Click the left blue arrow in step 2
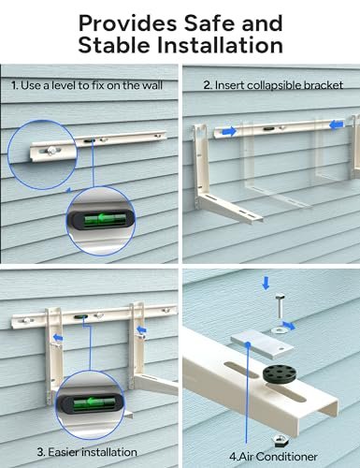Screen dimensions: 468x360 228,132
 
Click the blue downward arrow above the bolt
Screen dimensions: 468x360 266,282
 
